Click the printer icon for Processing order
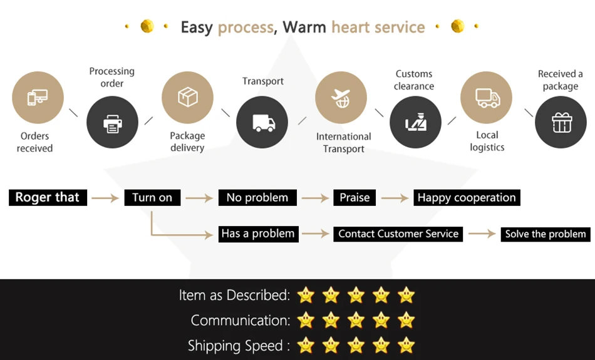(112, 122)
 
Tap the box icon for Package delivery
(187, 97)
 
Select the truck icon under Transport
(262, 122)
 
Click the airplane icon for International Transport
(341, 97)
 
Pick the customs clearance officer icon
(415, 122)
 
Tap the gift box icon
(561, 122)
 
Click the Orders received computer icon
(38, 97)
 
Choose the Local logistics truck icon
(487, 97)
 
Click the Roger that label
(48, 197)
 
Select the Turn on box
(152, 198)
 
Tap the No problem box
(257, 198)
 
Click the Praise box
(354, 198)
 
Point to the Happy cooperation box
(467, 198)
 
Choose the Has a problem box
(257, 234)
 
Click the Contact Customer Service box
(398, 234)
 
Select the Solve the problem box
(546, 234)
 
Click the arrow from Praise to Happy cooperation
(395, 198)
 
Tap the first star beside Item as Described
(306, 294)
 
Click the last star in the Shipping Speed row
(406, 344)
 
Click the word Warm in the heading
(304, 27)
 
